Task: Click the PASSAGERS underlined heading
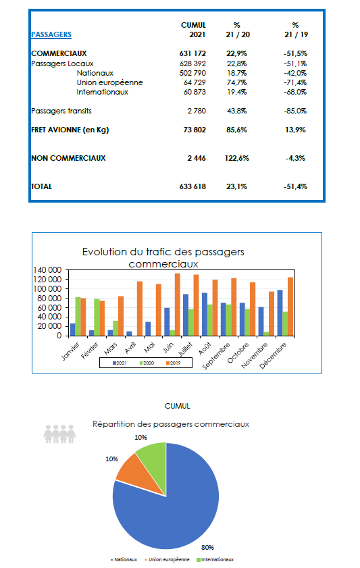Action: click(51, 34)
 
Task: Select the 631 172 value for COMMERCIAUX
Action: click(192, 53)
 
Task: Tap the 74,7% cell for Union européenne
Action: click(237, 82)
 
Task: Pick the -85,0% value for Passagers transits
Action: click(296, 111)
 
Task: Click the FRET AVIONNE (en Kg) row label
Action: click(70, 130)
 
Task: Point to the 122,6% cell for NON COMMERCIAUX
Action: click(237, 158)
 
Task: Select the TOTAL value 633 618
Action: click(192, 186)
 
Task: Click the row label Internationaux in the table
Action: click(103, 92)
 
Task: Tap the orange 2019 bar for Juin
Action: click(178, 305)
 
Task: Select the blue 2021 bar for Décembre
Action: click(280, 313)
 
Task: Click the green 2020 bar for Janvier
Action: click(78, 317)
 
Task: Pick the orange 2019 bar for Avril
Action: click(140, 309)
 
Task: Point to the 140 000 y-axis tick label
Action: click(47, 270)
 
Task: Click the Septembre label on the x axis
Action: click(216, 356)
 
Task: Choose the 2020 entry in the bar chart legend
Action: click(147, 363)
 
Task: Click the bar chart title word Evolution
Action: click(103, 252)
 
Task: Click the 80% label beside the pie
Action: click(207, 547)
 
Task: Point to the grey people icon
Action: click(59, 434)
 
